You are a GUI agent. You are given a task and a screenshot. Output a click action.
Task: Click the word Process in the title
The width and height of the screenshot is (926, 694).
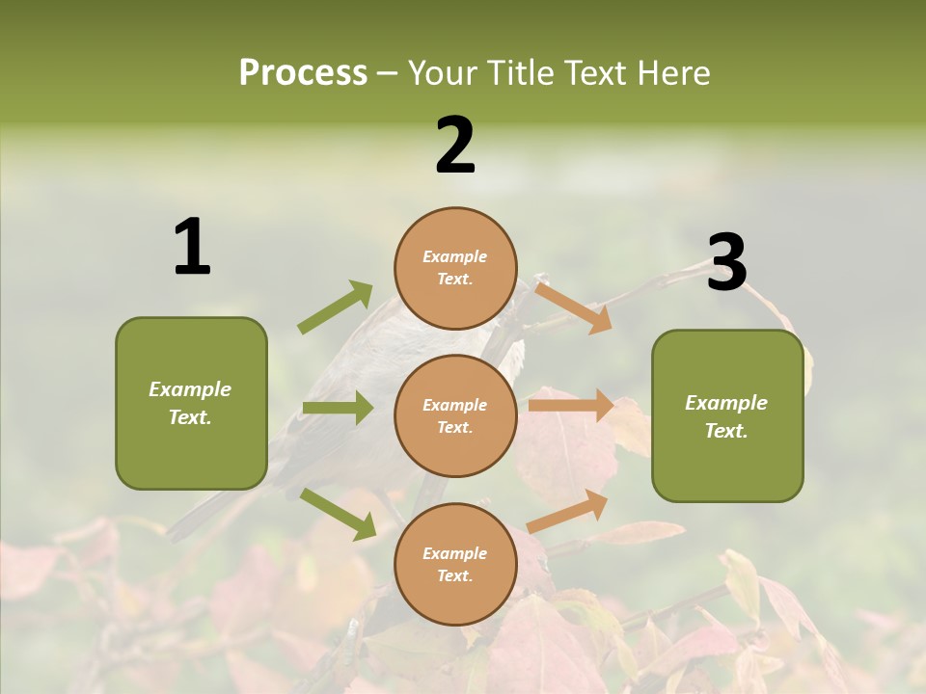303,73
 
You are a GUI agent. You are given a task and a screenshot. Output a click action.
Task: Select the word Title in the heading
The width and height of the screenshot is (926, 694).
521,73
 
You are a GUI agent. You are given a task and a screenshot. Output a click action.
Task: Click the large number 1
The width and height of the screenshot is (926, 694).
192,248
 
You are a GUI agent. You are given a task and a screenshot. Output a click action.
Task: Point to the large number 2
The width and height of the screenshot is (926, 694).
455,146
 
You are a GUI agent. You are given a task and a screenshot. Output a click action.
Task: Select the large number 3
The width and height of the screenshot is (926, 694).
726,263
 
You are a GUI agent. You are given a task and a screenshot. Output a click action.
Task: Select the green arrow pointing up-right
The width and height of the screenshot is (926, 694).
337,307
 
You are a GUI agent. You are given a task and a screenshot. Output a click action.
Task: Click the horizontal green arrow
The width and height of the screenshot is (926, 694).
338,408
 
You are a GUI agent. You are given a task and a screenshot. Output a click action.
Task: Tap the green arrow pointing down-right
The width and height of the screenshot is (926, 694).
339,513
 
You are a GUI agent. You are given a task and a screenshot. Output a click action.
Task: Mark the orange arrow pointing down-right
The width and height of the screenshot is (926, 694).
573,307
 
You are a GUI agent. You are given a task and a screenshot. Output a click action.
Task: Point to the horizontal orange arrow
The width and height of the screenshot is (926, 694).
571,405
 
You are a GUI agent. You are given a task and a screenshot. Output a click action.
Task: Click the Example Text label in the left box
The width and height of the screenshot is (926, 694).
190,403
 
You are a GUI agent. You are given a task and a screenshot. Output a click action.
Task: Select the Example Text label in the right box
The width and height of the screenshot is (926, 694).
726,416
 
